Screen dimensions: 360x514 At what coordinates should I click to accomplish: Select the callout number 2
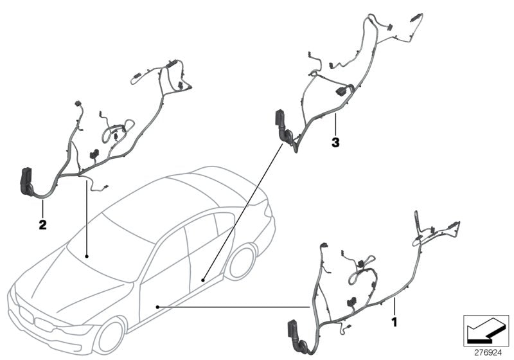pyautogui.click(x=42, y=226)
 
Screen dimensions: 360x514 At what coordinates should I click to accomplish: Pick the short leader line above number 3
pyautogui.click(x=335, y=125)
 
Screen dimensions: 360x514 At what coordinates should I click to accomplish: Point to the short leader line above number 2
pyautogui.click(x=42, y=208)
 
